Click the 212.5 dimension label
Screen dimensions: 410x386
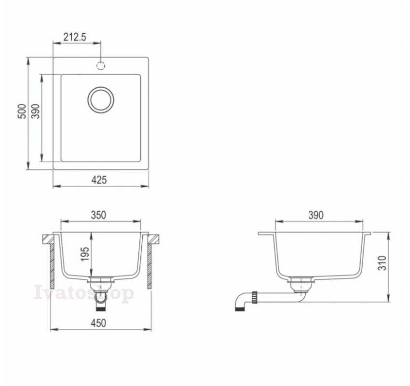coord(74,37)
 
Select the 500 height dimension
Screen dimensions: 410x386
coord(22,111)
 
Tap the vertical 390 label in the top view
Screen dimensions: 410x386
coord(36,111)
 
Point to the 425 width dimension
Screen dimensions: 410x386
coord(99,180)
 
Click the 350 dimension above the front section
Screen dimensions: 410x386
coord(98,215)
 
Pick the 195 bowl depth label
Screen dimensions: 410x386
coord(85,254)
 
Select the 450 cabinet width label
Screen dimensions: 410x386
coord(98,323)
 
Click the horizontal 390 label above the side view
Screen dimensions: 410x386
coord(316,215)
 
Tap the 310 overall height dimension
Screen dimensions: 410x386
coord(382,263)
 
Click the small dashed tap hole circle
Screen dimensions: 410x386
coord(101,66)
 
